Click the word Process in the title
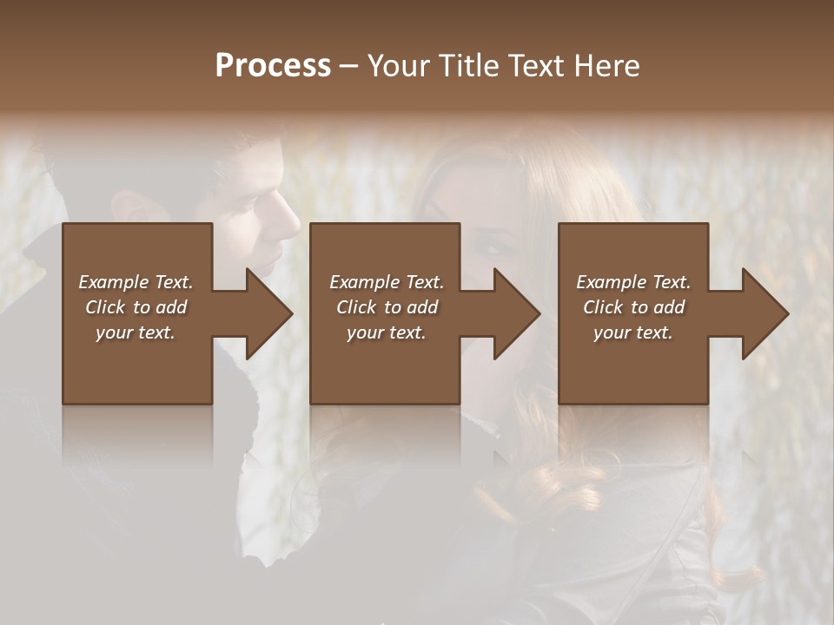click(273, 65)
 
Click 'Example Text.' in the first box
click(136, 282)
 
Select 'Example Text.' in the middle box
click(387, 282)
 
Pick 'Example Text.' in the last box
click(633, 282)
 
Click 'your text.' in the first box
click(136, 332)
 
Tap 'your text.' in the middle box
click(387, 332)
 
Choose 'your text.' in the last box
click(633, 332)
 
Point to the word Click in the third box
click(603, 307)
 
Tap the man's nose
click(292, 224)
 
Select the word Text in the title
click(537, 65)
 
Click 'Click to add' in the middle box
click(387, 307)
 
